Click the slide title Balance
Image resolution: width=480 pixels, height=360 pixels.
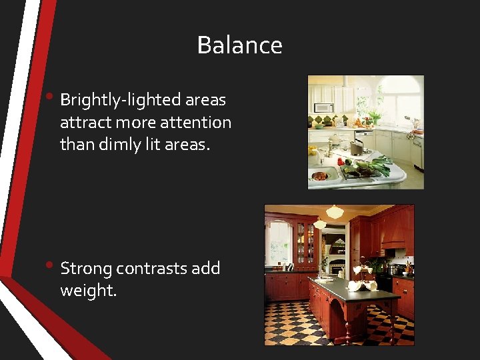point(239,45)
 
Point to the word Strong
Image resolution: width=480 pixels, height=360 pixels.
point(86,268)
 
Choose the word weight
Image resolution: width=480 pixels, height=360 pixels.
point(88,291)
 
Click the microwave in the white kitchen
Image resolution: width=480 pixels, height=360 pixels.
point(323,107)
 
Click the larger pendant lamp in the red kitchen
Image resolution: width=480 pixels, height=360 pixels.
point(335,213)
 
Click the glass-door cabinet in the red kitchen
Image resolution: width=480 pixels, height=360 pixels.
point(305,243)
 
